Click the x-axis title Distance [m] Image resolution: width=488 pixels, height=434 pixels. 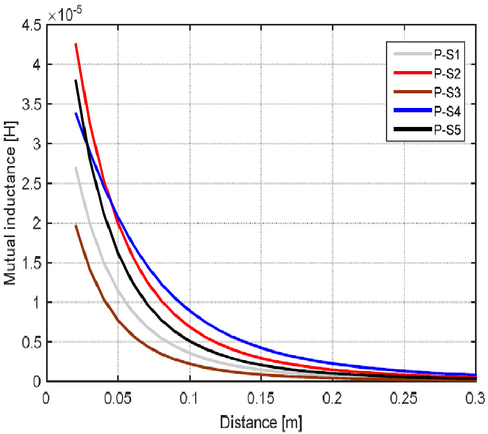pyautogui.click(x=261, y=420)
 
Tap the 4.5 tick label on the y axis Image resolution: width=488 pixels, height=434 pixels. pyautogui.click(x=31, y=25)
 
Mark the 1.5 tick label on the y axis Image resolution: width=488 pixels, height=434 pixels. pyautogui.click(x=31, y=263)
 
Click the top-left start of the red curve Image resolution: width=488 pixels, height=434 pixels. pyautogui.click(x=75, y=43)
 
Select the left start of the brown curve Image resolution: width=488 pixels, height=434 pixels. pyautogui.click(x=75, y=225)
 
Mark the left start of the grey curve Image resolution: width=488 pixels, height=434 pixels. pyautogui.click(x=75, y=167)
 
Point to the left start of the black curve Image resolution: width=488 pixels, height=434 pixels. pyautogui.click(x=75, y=80)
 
